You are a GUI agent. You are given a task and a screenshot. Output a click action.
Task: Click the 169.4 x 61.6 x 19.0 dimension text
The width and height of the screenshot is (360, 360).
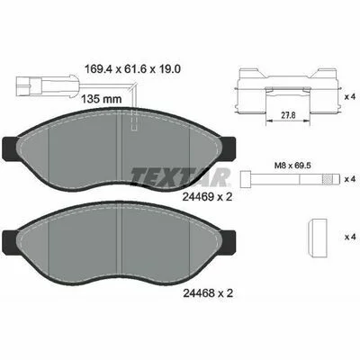click(x=133, y=69)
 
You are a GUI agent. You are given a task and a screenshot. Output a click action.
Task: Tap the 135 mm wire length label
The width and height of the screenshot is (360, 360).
click(x=102, y=99)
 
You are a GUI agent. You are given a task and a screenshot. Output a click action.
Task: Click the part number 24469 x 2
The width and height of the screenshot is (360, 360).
click(x=207, y=197)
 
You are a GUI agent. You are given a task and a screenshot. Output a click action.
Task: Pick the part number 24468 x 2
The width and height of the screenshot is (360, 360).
click(x=208, y=293)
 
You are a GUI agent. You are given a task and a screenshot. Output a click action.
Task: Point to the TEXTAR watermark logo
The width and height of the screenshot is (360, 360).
click(x=180, y=177)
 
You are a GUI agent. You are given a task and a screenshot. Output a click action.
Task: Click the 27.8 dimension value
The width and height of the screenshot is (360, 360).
click(x=288, y=115)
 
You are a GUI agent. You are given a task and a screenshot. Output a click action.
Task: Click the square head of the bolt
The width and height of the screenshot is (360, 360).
click(x=247, y=179)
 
